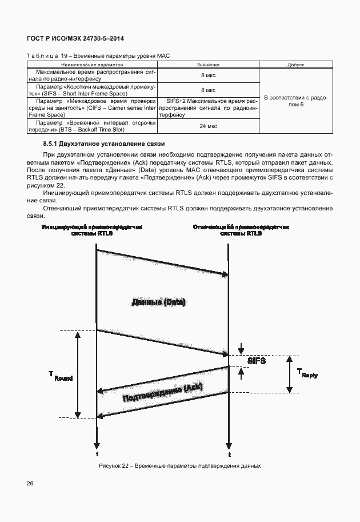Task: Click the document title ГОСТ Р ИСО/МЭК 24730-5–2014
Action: [75, 38]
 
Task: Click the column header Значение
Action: [208, 65]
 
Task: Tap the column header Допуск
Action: [295, 65]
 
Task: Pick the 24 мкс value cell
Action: [208, 126]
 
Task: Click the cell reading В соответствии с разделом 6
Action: [295, 102]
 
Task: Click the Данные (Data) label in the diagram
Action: [159, 302]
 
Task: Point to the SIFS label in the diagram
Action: [257, 361]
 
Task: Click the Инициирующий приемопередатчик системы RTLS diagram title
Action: [92, 230]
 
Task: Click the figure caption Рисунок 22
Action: [179, 465]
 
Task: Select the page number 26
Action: [30, 484]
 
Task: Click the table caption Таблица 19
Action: [94, 56]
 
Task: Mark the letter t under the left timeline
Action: [97, 454]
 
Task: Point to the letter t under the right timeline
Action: [229, 455]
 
